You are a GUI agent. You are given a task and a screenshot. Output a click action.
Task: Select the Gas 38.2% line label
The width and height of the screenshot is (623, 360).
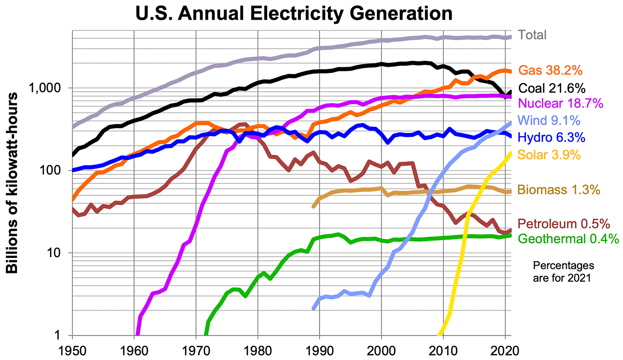point(550,71)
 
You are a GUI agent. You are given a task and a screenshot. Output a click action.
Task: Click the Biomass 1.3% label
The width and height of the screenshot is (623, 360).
point(558,190)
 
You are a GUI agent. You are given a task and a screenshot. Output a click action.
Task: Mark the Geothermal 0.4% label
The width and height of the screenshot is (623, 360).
point(568,239)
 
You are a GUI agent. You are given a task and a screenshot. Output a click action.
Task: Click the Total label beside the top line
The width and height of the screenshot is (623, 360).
point(532,35)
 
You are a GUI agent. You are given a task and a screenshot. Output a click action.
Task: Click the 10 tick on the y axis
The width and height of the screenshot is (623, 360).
point(59,253)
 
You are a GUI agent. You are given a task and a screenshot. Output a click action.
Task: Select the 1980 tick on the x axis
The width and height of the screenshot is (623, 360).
point(257,350)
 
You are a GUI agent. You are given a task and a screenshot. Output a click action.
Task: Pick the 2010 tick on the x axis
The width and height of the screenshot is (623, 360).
point(443,350)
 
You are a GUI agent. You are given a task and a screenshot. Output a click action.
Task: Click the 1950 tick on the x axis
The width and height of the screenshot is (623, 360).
point(72,350)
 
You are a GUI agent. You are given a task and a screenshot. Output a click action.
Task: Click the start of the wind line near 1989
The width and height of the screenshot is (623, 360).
point(314,308)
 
